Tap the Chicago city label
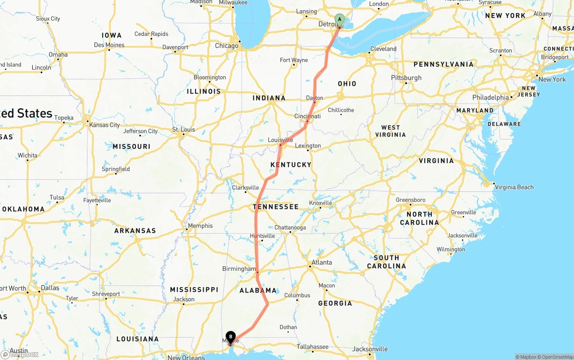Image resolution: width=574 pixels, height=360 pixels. (x=226, y=46)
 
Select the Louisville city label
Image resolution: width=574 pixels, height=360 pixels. (x=280, y=140)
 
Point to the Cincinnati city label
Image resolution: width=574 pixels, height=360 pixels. (x=307, y=117)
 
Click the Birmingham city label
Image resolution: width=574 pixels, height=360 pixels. (x=239, y=269)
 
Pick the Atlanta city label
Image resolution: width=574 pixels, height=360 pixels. (x=322, y=262)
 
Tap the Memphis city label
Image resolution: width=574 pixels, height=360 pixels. (x=200, y=226)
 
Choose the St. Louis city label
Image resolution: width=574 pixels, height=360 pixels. (x=183, y=130)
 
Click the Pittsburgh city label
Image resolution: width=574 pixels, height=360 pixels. (x=406, y=78)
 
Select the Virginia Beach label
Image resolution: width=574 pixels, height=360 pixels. (x=514, y=187)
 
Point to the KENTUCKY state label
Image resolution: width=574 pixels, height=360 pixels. (x=291, y=165)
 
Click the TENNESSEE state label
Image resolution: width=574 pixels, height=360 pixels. (x=275, y=207)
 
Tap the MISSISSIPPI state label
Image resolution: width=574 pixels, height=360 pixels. (x=194, y=290)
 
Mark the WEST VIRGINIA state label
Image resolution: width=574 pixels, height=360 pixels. (x=391, y=131)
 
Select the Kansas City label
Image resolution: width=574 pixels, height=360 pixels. (x=104, y=125)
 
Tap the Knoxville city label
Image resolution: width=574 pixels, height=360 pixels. (x=320, y=203)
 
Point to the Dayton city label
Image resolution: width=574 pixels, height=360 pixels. (x=314, y=98)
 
